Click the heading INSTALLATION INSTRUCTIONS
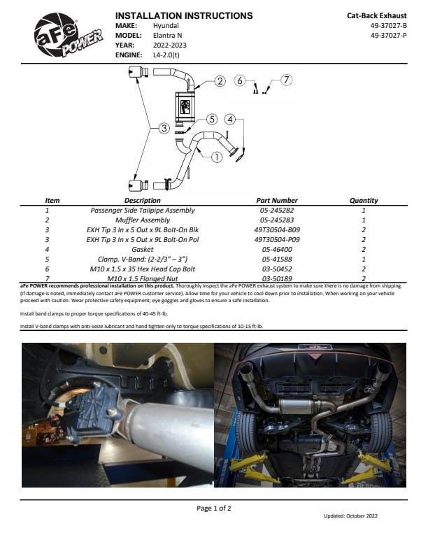(x=183, y=15)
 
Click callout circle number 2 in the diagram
(x=220, y=82)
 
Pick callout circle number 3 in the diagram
(x=163, y=128)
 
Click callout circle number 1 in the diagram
(x=217, y=157)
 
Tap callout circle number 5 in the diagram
(x=212, y=120)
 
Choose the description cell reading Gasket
(x=142, y=248)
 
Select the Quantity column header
(x=364, y=201)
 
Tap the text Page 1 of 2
(x=214, y=508)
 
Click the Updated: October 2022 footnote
(x=350, y=516)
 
